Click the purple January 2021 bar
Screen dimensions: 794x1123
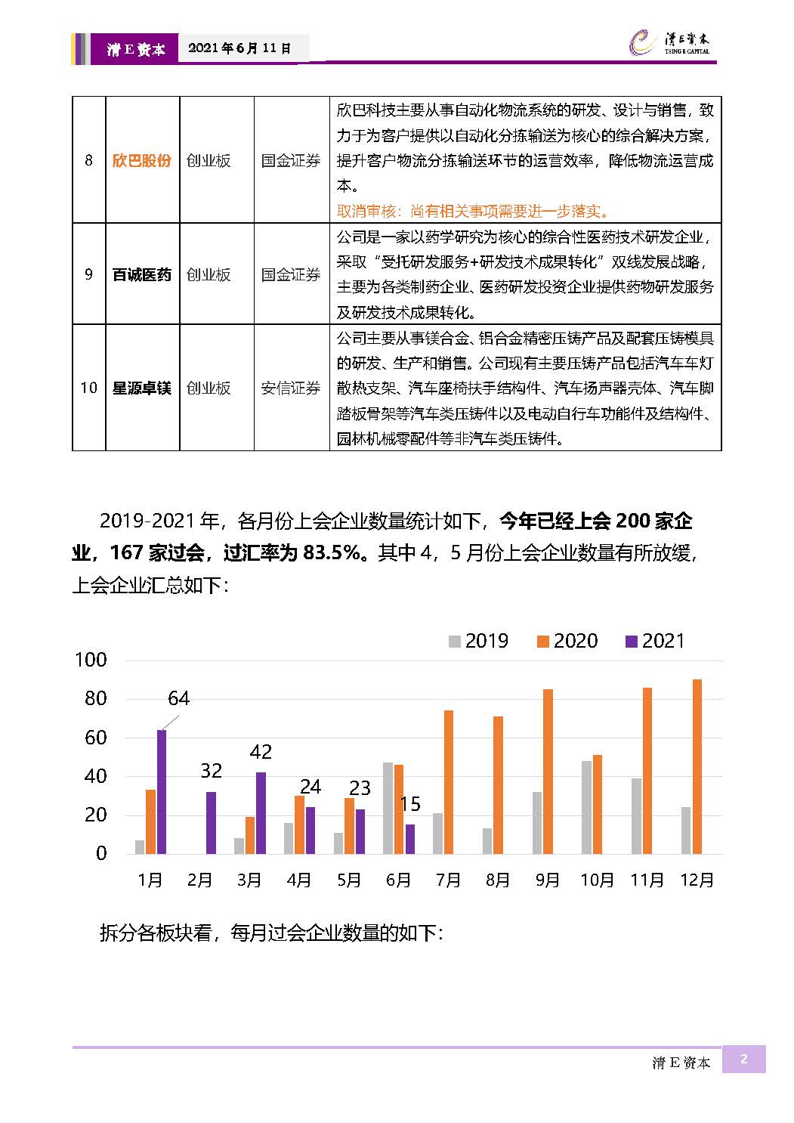coord(162,791)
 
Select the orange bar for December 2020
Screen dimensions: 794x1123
coord(697,766)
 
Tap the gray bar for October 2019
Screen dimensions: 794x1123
coord(586,807)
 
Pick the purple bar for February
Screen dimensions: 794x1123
coord(211,823)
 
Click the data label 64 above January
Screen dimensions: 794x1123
coord(178,698)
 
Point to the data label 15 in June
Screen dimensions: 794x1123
coord(410,804)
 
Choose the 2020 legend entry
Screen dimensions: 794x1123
coord(567,641)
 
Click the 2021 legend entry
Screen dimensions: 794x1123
coord(655,641)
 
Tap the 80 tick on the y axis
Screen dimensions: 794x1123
coord(96,698)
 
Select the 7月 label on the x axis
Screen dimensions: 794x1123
coord(448,880)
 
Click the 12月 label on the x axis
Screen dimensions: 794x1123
coord(697,880)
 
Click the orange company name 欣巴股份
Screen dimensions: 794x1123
coord(142,160)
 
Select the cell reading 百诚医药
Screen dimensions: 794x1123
coord(142,275)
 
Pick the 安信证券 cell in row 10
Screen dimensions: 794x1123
coord(291,388)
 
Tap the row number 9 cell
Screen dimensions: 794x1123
coord(88,274)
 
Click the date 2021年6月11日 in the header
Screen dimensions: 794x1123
coord(239,48)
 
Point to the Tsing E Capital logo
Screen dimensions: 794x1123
coord(669,42)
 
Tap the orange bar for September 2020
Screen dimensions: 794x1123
coord(548,772)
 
